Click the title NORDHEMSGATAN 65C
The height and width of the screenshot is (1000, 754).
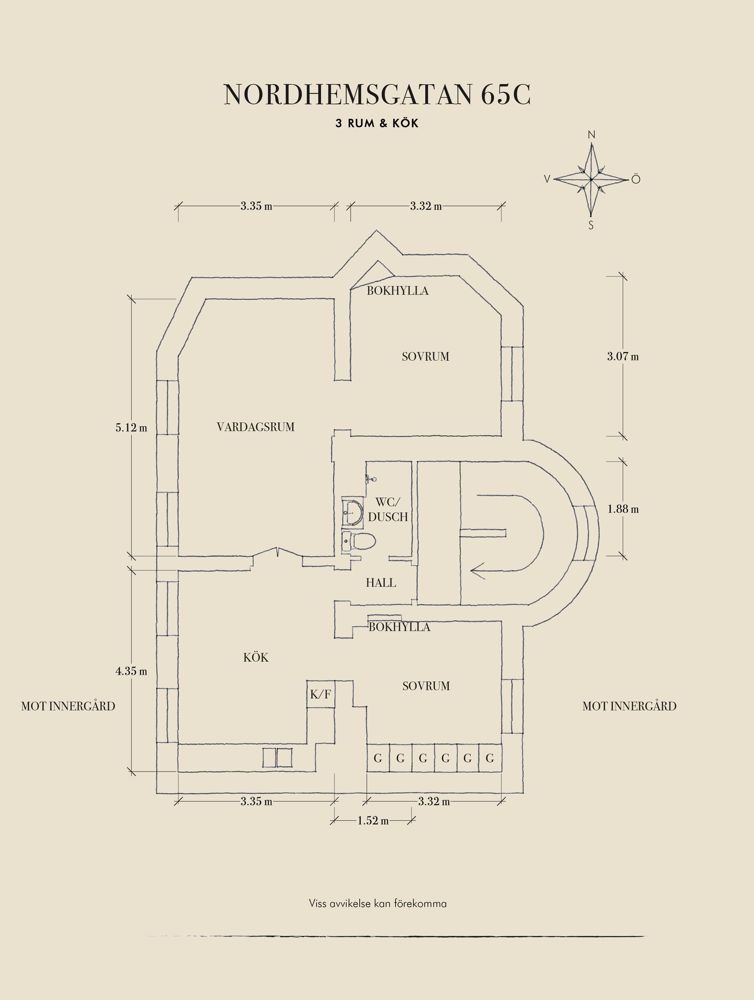coord(377,95)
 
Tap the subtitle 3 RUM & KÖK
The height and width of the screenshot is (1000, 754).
coord(377,123)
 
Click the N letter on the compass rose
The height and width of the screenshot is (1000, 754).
coord(591,135)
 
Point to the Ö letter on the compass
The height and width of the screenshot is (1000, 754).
coord(635,180)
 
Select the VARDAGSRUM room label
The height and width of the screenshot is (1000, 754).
coord(255,427)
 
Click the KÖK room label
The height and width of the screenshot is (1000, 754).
coord(256,658)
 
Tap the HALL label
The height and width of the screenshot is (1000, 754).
coord(381,583)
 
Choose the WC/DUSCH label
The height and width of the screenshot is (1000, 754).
coord(387,509)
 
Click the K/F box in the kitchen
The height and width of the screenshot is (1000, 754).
coord(320,694)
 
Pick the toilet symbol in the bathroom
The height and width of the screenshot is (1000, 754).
coord(361,541)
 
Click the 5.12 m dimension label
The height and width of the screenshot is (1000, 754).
coord(131,428)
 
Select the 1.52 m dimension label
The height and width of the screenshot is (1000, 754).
coord(373,821)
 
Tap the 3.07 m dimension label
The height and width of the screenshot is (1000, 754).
coord(622,357)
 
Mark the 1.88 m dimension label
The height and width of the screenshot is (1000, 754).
coord(623,509)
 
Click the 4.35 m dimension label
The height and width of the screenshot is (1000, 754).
coord(131,671)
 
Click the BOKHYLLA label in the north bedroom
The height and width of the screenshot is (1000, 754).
coord(397,291)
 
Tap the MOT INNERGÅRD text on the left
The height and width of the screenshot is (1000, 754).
coord(68,706)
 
